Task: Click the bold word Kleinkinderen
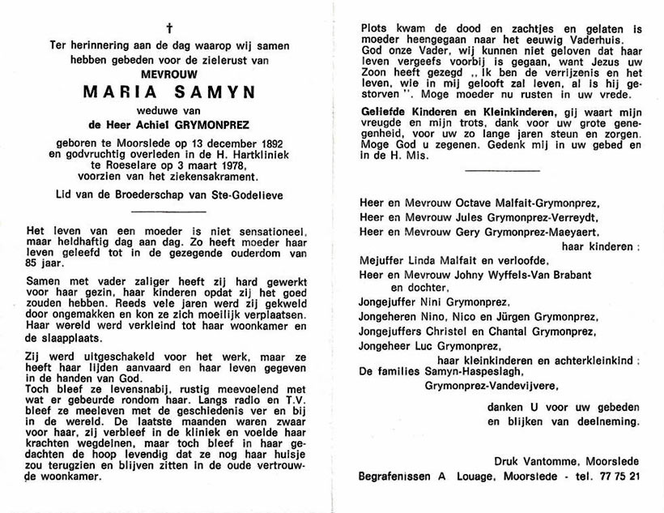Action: tap(509, 112)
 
